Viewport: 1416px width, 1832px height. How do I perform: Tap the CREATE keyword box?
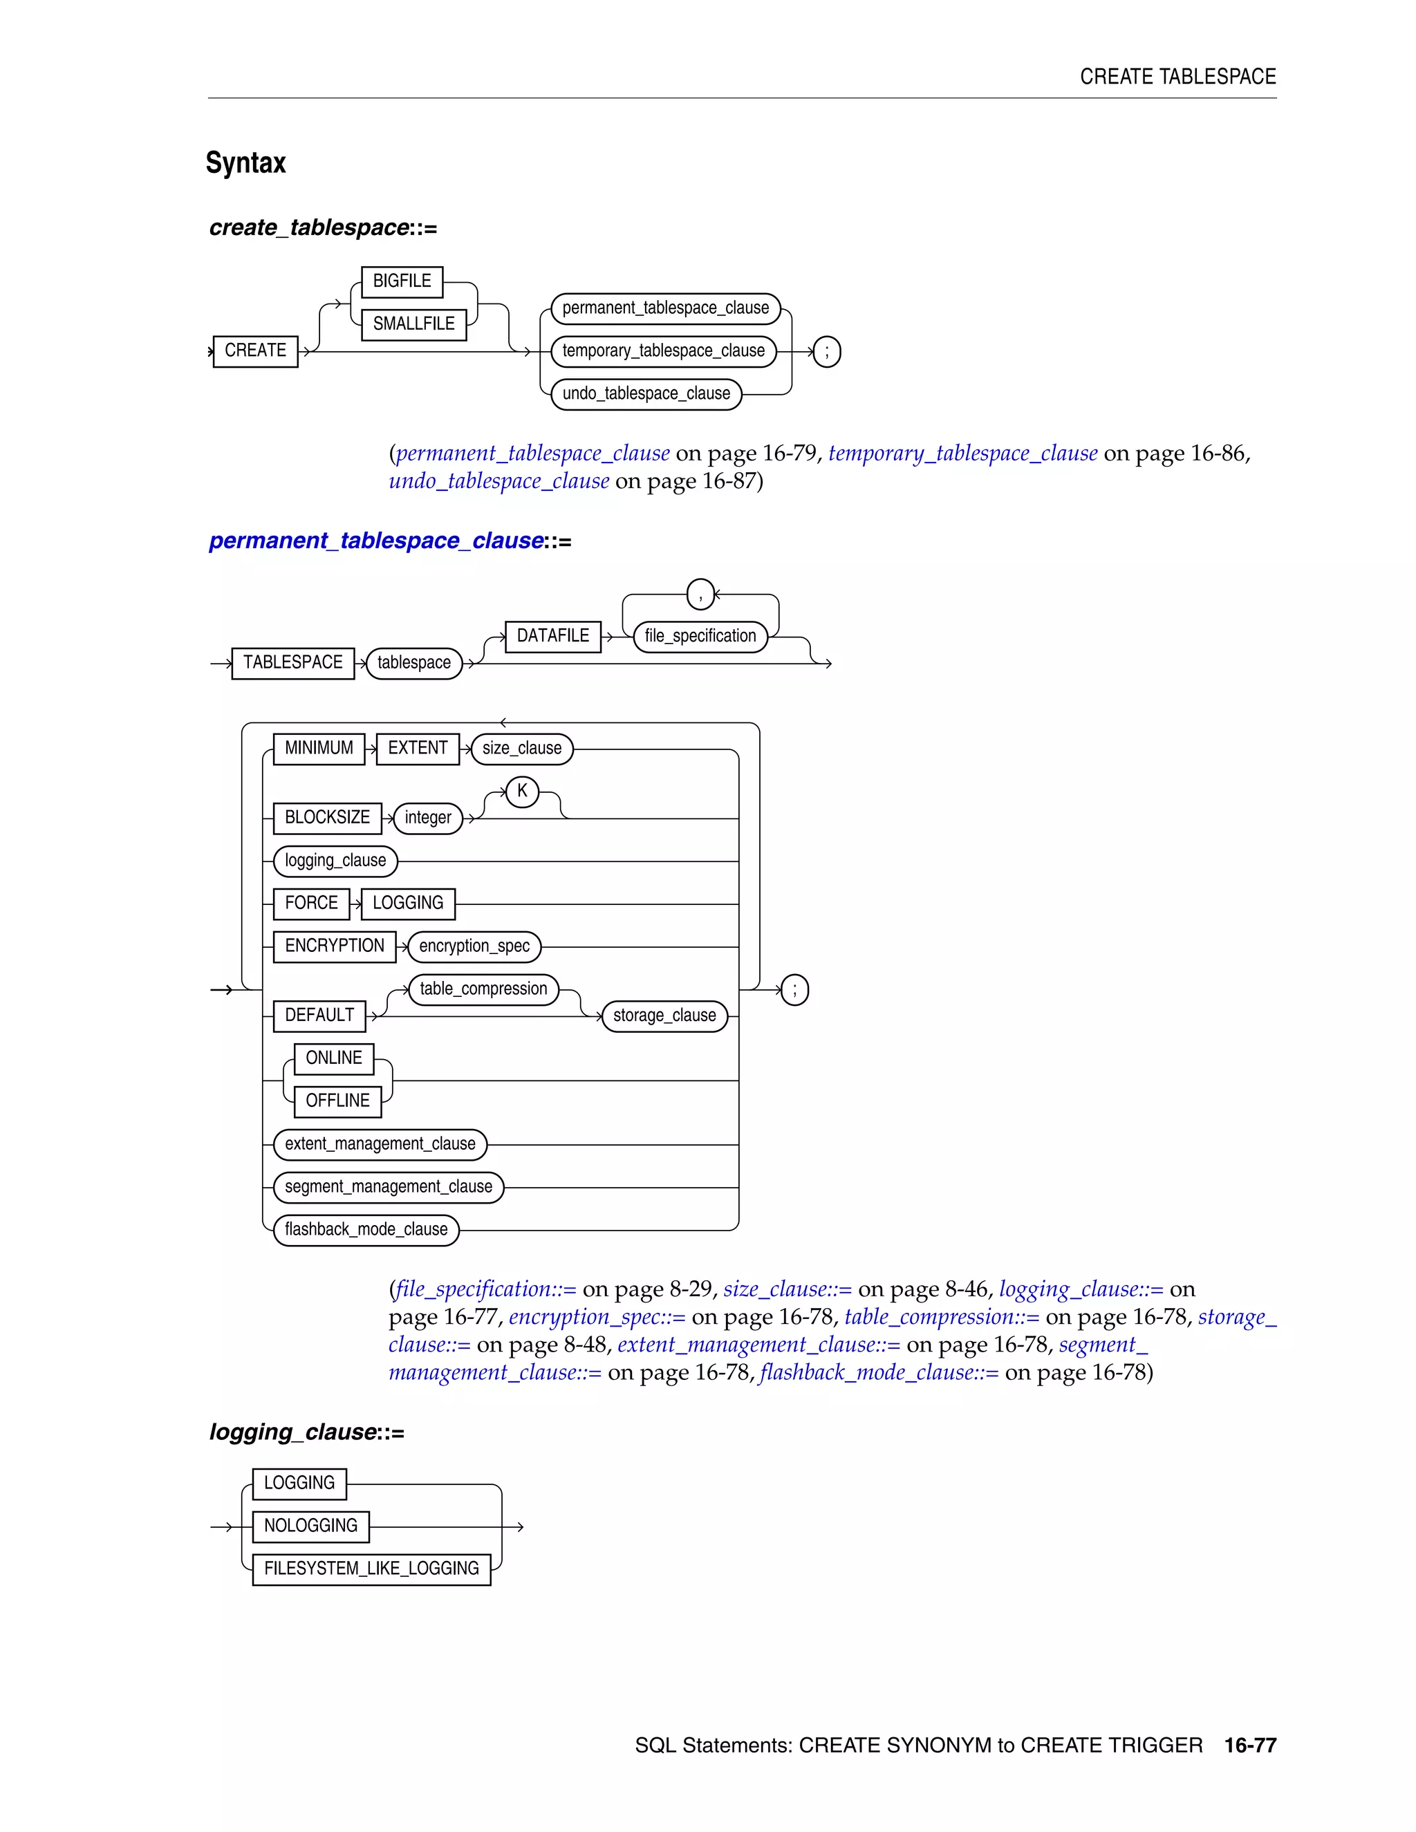[255, 350]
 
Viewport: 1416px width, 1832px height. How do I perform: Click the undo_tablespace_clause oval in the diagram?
[646, 393]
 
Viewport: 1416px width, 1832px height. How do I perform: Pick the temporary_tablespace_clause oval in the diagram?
[664, 350]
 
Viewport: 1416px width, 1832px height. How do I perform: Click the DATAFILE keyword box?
[553, 636]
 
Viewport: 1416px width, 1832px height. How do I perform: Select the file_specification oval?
[700, 636]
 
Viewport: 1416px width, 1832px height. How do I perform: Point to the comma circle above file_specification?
[700, 594]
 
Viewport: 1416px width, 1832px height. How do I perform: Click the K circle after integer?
[522, 791]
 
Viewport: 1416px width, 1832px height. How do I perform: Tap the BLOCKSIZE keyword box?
[327, 818]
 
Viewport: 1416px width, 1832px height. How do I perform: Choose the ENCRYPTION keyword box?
[335, 946]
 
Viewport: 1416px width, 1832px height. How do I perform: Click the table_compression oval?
[483, 989]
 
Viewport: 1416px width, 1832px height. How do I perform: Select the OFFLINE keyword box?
[337, 1101]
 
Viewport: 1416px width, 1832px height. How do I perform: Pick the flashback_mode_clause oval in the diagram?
[366, 1230]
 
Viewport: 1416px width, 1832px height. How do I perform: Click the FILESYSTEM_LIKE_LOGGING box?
[371, 1569]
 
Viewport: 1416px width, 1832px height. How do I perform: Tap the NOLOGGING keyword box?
[310, 1526]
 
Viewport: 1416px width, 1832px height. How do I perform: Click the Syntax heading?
[245, 162]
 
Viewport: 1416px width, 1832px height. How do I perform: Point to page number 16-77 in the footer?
[1250, 1746]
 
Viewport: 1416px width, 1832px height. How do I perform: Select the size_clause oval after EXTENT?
[522, 748]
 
